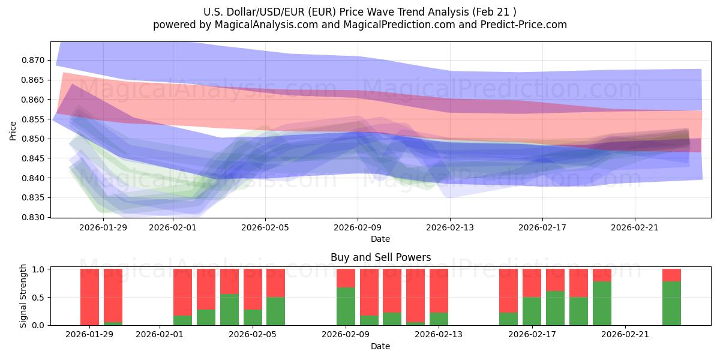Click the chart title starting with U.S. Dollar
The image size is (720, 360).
pyautogui.click(x=359, y=11)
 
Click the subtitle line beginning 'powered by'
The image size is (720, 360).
pyautogui.click(x=359, y=25)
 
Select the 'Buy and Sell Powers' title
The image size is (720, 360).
pyautogui.click(x=380, y=257)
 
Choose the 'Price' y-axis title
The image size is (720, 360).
pyautogui.click(x=13, y=130)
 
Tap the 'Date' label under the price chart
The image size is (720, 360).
pyautogui.click(x=380, y=239)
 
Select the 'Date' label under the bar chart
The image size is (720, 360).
pyautogui.click(x=380, y=346)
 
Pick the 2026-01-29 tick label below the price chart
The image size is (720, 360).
pyautogui.click(x=104, y=227)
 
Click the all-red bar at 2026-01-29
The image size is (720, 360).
pyautogui.click(x=89, y=297)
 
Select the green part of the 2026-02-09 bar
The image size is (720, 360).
pyautogui.click(x=346, y=307)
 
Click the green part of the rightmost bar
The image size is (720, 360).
pyautogui.click(x=671, y=304)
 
